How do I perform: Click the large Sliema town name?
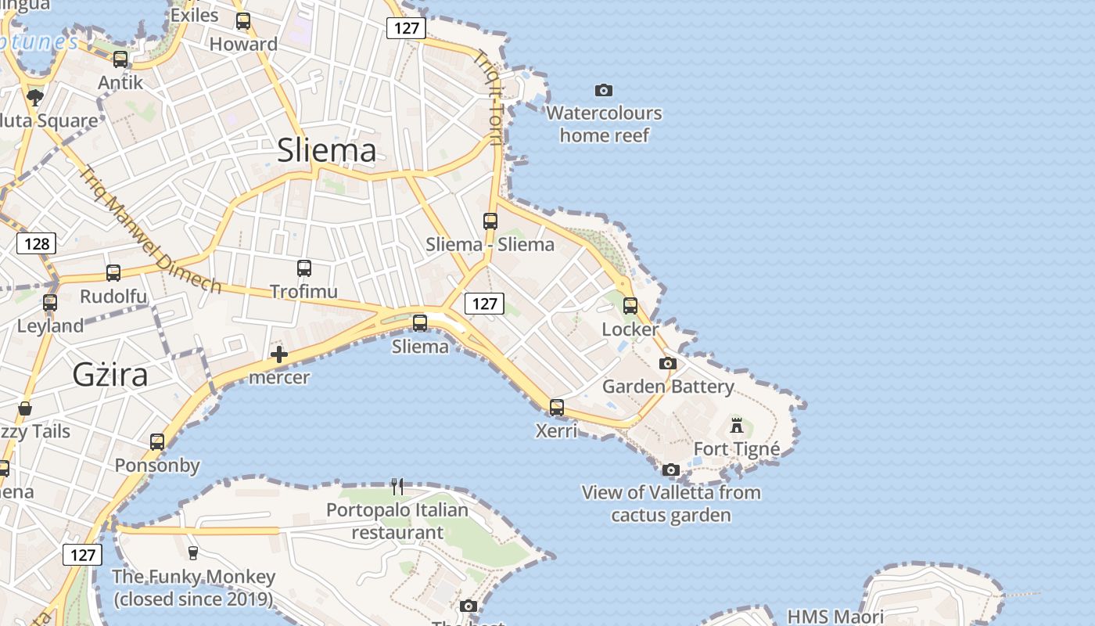(327, 150)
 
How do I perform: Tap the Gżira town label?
(110, 375)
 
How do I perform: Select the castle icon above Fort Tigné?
(737, 426)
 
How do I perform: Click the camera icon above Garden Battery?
(668, 363)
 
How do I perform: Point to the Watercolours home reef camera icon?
(604, 90)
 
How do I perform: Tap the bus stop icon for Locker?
(630, 306)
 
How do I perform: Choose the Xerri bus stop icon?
(557, 408)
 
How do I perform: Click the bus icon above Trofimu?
(304, 268)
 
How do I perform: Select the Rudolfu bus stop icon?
(113, 273)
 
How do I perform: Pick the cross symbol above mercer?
(279, 354)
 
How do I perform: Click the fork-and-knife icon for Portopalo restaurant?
(397, 487)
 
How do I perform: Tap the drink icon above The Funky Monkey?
(193, 553)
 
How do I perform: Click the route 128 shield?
(37, 243)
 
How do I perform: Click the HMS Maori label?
(835, 617)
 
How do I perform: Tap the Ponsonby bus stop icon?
(157, 442)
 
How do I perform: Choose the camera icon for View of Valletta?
(671, 469)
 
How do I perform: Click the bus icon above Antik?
(120, 59)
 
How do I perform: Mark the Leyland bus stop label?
(51, 326)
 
